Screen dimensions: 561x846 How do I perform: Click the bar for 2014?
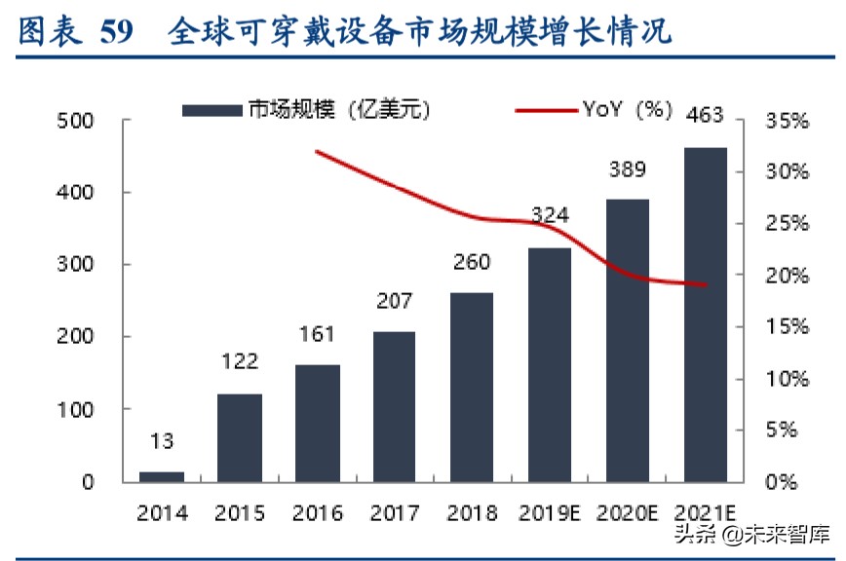click(x=162, y=476)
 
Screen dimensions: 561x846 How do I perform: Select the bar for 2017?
click(x=395, y=406)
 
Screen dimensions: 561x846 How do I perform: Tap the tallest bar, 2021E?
click(x=706, y=315)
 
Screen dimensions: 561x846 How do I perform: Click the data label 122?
click(x=239, y=362)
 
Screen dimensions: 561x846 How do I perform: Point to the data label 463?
click(x=705, y=115)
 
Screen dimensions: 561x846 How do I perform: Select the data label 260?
click(x=472, y=262)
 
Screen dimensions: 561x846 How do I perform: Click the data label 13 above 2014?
click(x=162, y=441)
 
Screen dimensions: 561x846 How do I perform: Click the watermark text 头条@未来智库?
click(x=760, y=534)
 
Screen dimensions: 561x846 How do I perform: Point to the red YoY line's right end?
click(x=706, y=285)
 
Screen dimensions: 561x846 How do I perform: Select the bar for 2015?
click(x=240, y=437)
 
